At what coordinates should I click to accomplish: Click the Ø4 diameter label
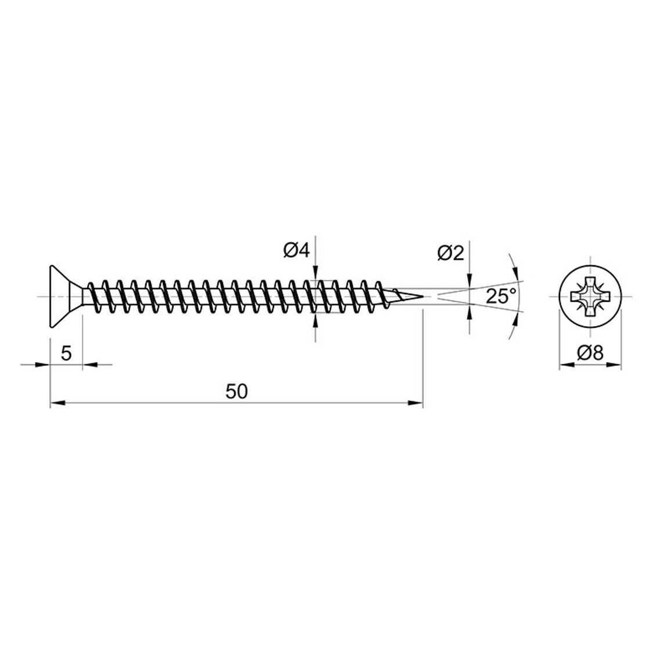(295, 251)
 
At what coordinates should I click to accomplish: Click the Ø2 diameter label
(450, 254)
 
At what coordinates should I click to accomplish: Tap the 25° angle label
(502, 296)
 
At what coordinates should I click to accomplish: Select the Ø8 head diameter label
(590, 353)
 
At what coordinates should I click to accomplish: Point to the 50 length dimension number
(237, 392)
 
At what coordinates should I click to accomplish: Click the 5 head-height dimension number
(66, 353)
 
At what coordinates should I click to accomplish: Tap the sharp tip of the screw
(423, 296)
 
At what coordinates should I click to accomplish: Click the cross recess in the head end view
(590, 296)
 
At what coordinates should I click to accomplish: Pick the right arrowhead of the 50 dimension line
(415, 403)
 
